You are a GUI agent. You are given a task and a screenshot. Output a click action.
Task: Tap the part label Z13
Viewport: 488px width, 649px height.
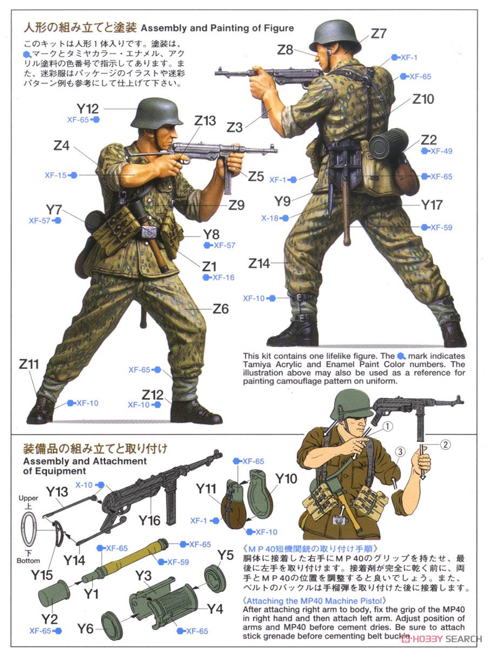point(205,121)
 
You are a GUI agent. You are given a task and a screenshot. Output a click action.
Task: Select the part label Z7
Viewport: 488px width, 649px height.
point(379,34)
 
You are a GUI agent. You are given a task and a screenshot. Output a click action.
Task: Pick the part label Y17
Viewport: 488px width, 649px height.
point(432,205)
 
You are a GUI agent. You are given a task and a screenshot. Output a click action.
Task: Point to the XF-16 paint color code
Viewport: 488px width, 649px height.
point(223,277)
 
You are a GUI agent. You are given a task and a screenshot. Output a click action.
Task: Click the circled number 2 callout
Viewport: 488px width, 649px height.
point(444,445)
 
